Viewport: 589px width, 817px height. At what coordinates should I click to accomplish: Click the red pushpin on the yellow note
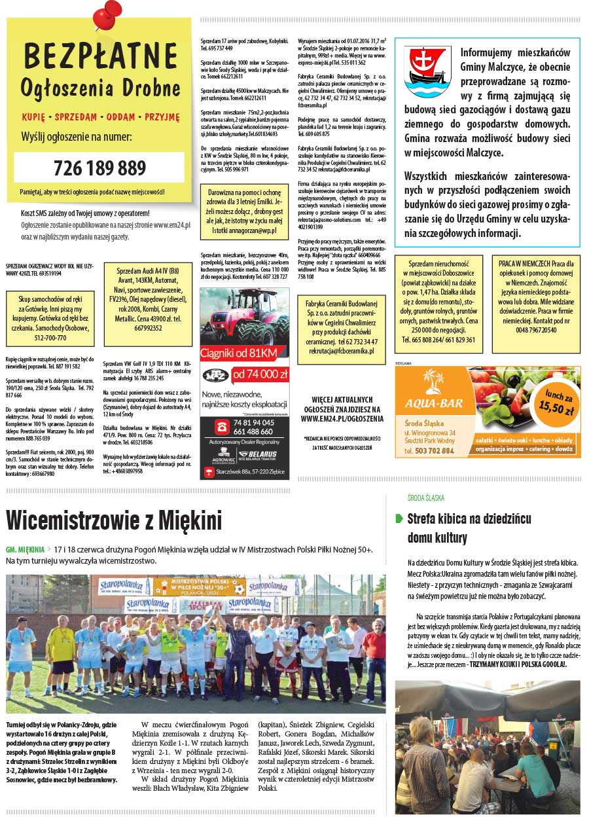(x=107, y=14)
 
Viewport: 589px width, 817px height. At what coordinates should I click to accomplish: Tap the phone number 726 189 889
(x=99, y=168)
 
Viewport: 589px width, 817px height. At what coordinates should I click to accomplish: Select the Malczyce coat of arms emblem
(x=427, y=71)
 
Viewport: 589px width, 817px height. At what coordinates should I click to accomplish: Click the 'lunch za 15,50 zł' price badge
(x=556, y=403)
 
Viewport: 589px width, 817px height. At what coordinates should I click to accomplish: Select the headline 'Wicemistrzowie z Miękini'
(x=114, y=520)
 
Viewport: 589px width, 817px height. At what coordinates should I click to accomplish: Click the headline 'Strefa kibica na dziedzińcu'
(x=469, y=519)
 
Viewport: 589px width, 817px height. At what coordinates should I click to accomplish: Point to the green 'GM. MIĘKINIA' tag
(x=25, y=549)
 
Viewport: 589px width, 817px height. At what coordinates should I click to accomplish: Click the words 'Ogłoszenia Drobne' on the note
(x=99, y=88)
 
